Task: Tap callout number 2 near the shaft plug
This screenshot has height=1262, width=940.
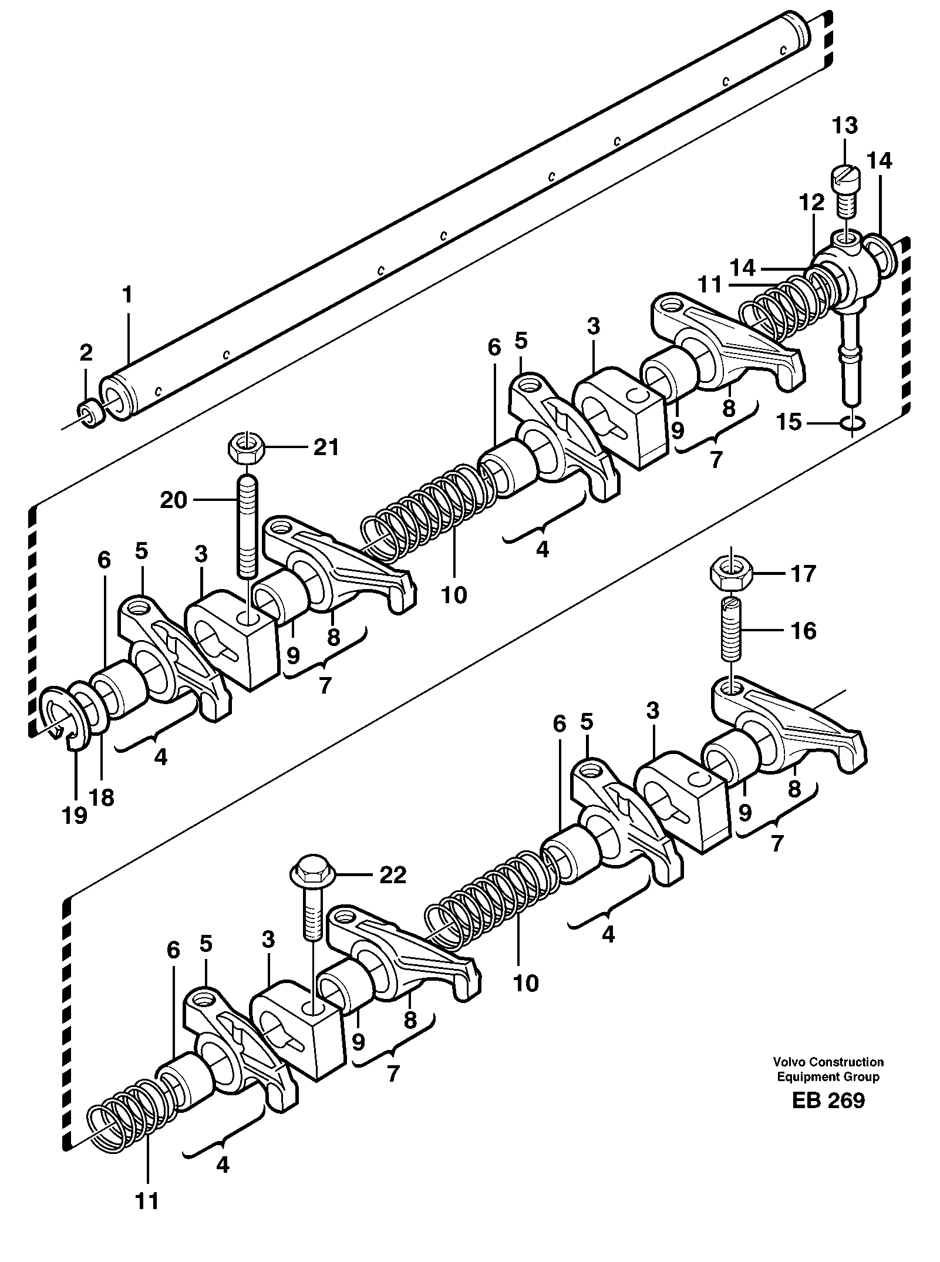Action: [x=86, y=353]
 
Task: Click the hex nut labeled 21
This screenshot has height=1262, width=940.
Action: [x=247, y=449]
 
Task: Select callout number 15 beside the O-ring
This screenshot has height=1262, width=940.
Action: [x=790, y=422]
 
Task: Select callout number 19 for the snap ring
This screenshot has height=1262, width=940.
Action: [x=75, y=815]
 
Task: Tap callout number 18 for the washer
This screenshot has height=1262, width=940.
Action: [x=103, y=797]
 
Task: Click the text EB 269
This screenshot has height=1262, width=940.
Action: [x=828, y=1100]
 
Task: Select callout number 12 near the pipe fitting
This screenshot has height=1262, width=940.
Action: [x=811, y=204]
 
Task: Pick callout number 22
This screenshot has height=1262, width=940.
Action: [x=392, y=876]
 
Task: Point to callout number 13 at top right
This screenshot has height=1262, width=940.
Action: [x=845, y=126]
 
